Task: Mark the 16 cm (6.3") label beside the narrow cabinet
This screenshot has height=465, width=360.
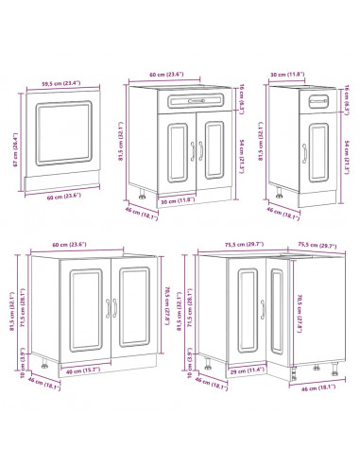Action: click(x=349, y=98)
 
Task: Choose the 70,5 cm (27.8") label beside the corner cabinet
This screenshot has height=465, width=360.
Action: click(x=298, y=312)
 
